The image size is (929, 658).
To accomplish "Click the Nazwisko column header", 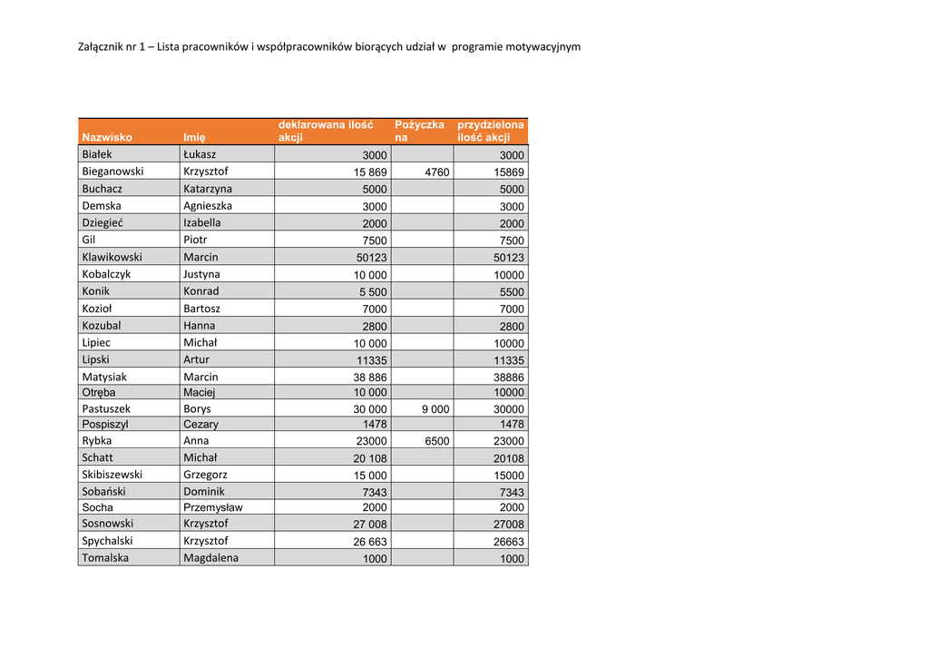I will point(107,138).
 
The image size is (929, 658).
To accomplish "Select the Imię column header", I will point(194,138).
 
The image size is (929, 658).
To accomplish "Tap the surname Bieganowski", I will point(112,172).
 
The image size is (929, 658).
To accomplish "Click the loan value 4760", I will point(436,172).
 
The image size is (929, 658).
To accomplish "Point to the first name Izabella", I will point(201,223).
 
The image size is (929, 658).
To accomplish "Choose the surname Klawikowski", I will point(112,258).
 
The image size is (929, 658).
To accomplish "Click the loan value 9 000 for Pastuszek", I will point(435,409).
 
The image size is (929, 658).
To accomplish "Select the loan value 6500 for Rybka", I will point(436,441).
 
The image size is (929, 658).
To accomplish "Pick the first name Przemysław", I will point(212,508).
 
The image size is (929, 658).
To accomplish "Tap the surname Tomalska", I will point(105,558).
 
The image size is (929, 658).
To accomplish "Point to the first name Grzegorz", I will point(205,475).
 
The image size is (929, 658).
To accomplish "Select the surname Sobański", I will point(103,492).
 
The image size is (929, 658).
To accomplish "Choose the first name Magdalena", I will point(210,558).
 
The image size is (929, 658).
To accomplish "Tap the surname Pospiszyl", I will point(105,425).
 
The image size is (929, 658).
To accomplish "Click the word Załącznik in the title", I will point(102,46).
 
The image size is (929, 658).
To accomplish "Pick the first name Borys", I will point(197,409).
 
